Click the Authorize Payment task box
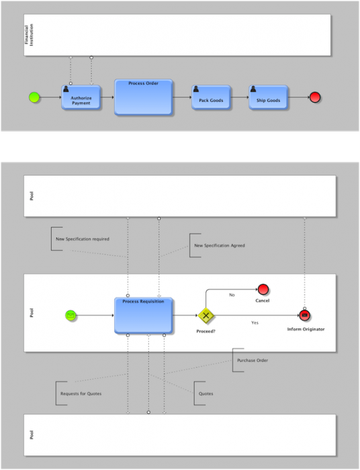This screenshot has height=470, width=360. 81,98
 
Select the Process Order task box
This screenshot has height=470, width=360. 143,97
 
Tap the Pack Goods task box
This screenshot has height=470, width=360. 210,98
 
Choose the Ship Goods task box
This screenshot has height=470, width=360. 268,98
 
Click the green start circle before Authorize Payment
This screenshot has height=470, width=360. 34,98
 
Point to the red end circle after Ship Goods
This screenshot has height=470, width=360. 315,98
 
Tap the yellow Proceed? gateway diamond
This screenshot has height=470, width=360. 206,316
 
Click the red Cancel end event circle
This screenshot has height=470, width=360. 263,289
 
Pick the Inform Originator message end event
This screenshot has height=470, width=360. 304,316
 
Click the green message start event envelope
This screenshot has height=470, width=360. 71,315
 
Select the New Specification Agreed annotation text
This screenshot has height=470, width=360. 219,245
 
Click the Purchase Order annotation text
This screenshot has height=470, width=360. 253,360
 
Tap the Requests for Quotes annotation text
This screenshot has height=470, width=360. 81,393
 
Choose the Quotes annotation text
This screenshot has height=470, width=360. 206,393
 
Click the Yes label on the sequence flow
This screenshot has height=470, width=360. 255,323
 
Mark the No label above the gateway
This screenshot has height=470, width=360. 232,295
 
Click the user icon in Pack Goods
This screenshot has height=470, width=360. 195,89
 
